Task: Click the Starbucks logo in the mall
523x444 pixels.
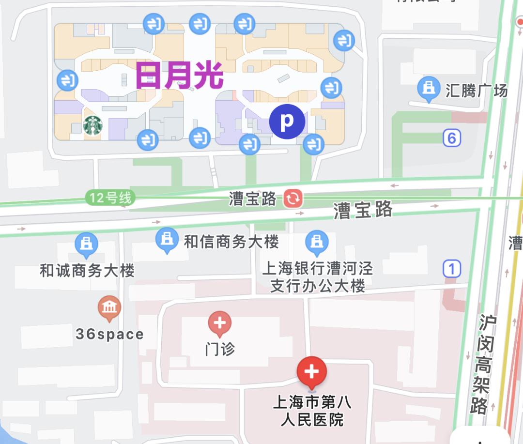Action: point(93,125)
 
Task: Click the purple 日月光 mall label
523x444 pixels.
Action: point(179,76)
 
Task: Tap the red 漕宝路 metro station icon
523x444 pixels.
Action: point(293,199)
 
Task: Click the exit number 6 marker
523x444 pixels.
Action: point(451,138)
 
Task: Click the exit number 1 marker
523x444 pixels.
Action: point(451,268)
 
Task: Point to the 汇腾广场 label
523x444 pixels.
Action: point(477,90)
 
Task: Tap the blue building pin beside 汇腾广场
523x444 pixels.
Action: point(428,88)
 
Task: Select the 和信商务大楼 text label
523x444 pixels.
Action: point(231,242)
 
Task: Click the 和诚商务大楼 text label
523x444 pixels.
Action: point(87,271)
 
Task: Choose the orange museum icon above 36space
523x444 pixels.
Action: point(109,307)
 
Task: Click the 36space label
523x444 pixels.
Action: point(109,334)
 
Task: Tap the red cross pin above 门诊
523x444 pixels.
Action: point(220,323)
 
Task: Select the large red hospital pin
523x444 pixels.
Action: point(312,372)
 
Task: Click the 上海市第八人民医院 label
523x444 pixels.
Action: point(312,411)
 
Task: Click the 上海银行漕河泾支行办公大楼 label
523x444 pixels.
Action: point(318,277)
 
